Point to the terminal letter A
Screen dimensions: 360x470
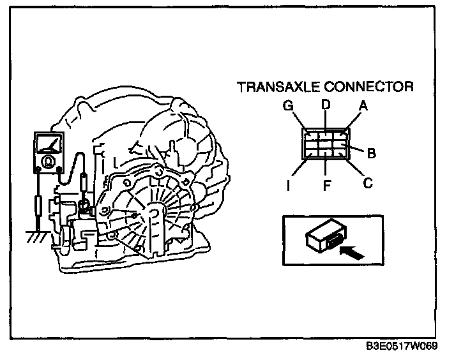[x=363, y=107]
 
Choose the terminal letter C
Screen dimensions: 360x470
[x=367, y=183]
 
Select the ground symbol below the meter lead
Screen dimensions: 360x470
[x=36, y=237]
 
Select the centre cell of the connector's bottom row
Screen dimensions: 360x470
[x=326, y=153]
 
